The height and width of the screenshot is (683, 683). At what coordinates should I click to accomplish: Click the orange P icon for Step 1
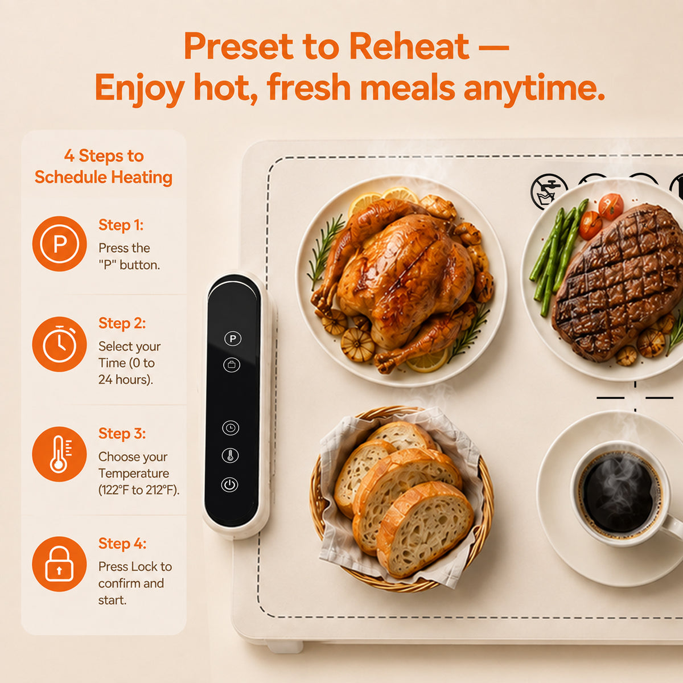[x=60, y=244]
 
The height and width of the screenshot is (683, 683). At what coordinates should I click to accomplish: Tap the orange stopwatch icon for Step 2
[x=60, y=344]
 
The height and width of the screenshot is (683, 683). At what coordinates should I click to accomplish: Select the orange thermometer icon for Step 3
[x=60, y=454]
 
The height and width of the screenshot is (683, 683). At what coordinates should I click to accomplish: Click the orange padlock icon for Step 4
[x=60, y=564]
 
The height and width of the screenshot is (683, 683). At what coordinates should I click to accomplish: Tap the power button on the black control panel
[x=230, y=484]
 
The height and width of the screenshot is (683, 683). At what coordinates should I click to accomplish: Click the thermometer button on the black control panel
[x=230, y=455]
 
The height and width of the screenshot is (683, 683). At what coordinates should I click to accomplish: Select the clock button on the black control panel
[x=231, y=428]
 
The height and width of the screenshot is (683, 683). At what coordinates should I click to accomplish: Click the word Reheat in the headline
[x=409, y=46]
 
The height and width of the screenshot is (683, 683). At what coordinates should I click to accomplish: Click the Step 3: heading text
[x=122, y=434]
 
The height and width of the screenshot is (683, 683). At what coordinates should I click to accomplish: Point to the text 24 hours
[x=125, y=380]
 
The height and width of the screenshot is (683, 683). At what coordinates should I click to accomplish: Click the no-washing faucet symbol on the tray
[x=549, y=192]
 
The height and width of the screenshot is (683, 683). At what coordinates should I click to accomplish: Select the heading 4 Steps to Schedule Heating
[x=104, y=167]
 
